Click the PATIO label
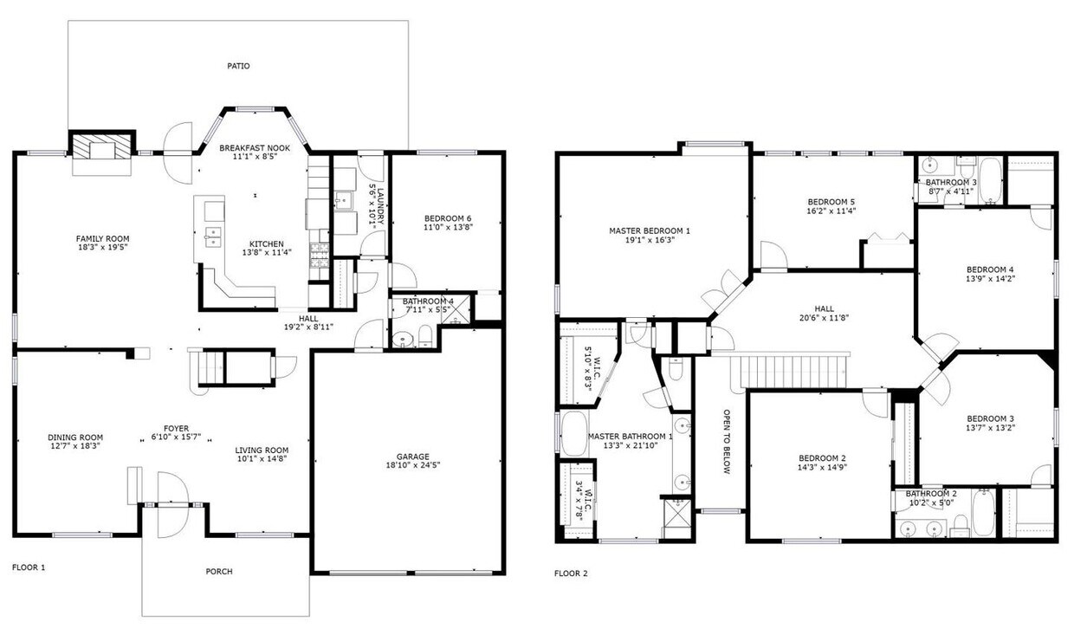click(x=238, y=65)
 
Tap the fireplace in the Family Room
click(x=102, y=148)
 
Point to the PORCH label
click(x=218, y=571)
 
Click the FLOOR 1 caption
click(x=28, y=567)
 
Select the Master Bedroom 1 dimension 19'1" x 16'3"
click(x=649, y=240)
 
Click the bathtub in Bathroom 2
click(x=983, y=514)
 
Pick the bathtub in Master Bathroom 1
click(x=573, y=434)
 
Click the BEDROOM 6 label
click(x=448, y=217)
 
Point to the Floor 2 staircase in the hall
click(x=788, y=370)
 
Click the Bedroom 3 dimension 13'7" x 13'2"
click(x=990, y=428)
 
